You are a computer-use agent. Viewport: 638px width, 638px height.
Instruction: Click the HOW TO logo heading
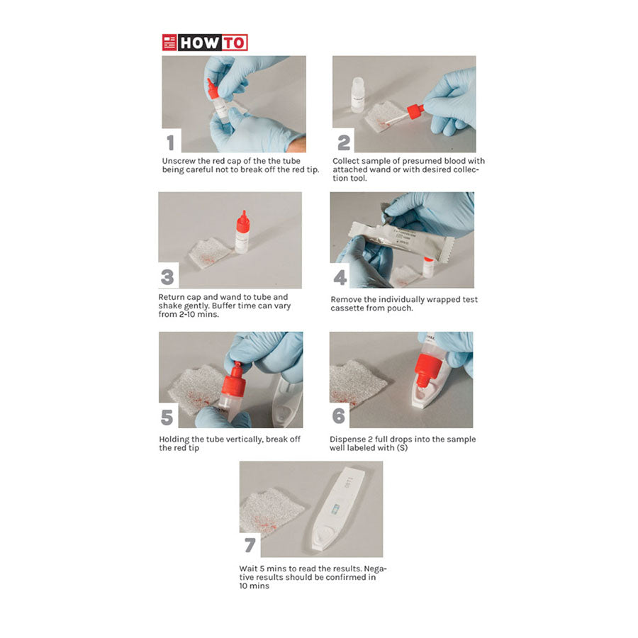click(x=205, y=43)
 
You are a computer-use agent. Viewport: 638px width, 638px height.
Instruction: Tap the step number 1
click(x=170, y=142)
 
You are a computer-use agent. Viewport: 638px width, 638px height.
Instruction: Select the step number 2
click(x=343, y=142)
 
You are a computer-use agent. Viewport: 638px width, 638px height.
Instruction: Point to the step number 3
click(x=169, y=276)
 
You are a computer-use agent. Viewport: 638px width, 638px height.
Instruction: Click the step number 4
click(x=340, y=277)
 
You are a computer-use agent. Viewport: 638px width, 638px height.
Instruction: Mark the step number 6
click(x=339, y=416)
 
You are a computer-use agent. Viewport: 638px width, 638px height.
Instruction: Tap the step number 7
click(x=250, y=545)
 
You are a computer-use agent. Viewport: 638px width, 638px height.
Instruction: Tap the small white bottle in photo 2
click(x=358, y=94)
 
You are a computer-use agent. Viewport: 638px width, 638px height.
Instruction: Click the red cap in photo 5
click(x=233, y=380)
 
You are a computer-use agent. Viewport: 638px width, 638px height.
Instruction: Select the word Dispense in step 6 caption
click(x=349, y=440)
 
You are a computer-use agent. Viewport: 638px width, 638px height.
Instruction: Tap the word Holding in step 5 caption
click(x=176, y=440)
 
